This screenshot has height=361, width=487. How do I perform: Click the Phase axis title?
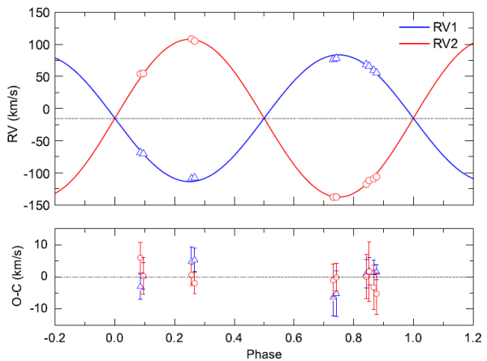click(264, 354)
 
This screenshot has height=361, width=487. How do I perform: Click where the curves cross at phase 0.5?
click(264, 119)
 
